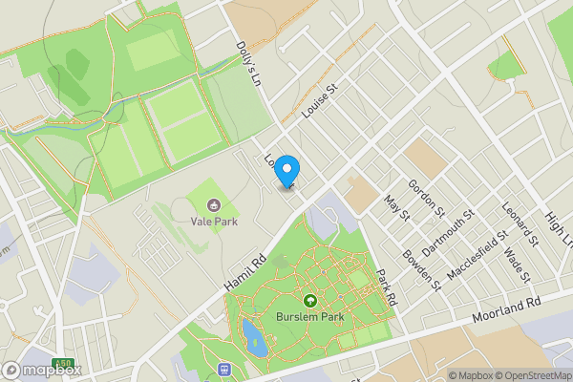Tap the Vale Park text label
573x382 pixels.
213,222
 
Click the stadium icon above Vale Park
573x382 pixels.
213,204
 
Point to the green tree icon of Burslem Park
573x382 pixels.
308,300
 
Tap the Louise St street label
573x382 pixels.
320,100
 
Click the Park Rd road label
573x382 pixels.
387,286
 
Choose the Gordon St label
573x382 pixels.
427,197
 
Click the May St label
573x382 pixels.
395,207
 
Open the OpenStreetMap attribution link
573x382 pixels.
527,375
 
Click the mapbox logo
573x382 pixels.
42,370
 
